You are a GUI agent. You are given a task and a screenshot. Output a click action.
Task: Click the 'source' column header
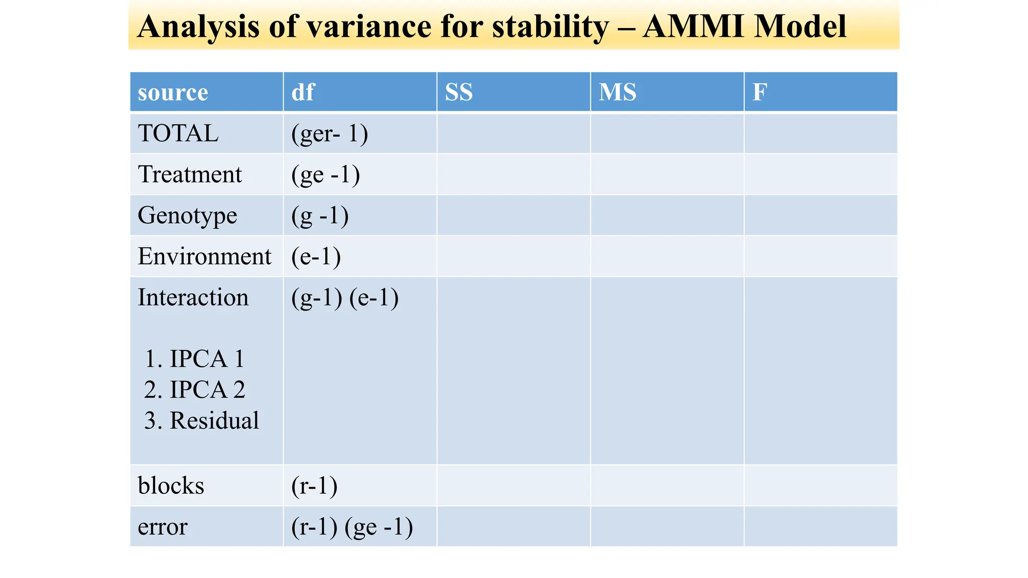173,92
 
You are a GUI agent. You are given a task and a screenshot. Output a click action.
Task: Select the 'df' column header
303,92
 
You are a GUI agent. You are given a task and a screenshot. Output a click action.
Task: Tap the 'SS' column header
459,92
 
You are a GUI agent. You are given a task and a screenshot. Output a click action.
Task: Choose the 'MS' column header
617,92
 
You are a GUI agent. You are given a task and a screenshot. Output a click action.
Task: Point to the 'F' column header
759,92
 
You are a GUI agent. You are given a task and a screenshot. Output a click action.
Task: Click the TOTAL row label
178,133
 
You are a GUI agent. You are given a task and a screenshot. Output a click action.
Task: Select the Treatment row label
190,175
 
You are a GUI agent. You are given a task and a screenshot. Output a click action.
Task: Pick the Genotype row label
187,216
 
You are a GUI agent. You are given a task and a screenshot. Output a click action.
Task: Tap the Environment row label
204,256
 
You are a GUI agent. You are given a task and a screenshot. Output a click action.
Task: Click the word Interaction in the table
193,298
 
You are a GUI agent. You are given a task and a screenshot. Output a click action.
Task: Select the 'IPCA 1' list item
195,359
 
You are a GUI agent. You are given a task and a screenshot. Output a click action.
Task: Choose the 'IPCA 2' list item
195,390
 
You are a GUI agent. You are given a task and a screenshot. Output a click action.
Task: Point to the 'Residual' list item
202,420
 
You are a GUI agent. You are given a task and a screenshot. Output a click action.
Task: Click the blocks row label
171,486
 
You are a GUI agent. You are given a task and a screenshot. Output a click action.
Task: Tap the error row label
162,527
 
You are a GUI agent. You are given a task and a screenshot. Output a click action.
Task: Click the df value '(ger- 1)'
329,133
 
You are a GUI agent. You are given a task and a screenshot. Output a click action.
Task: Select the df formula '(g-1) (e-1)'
345,298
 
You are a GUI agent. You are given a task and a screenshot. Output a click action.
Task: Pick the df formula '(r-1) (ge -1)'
352,527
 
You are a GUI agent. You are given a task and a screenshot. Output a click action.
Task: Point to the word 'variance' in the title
369,26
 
